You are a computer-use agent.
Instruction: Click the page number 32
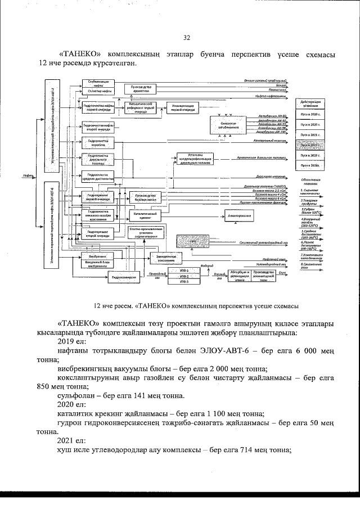pyautogui.click(x=187, y=38)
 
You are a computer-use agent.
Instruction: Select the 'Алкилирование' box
pyautogui.click(x=240, y=217)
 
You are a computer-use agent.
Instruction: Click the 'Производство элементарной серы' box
pyautogui.click(x=265, y=274)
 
